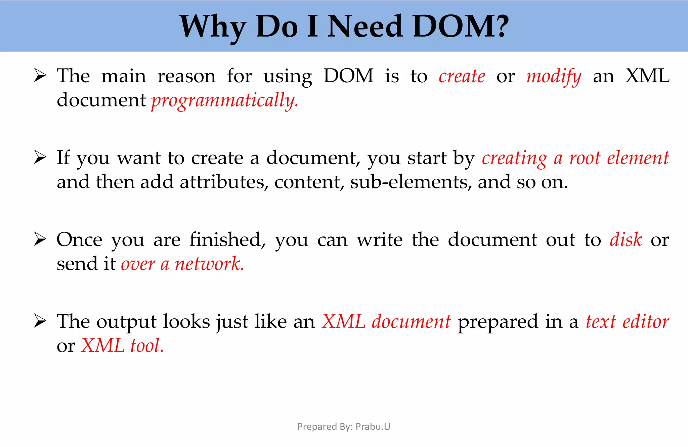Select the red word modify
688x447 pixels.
pyautogui.click(x=554, y=77)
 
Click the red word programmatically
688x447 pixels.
pyautogui.click(x=224, y=101)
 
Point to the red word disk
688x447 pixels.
pyautogui.click(x=626, y=240)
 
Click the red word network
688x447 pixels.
pyautogui.click(x=209, y=264)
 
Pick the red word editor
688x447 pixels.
pyautogui.click(x=645, y=322)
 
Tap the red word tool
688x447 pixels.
pyautogui.click(x=147, y=346)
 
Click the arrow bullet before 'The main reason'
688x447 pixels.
pyautogui.click(x=40, y=75)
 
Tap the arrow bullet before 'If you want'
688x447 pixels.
pyautogui.click(x=40, y=157)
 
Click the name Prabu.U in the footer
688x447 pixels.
pyautogui.click(x=373, y=427)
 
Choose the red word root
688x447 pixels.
pyautogui.click(x=584, y=158)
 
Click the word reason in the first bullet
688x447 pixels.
pyautogui.click(x=186, y=76)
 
